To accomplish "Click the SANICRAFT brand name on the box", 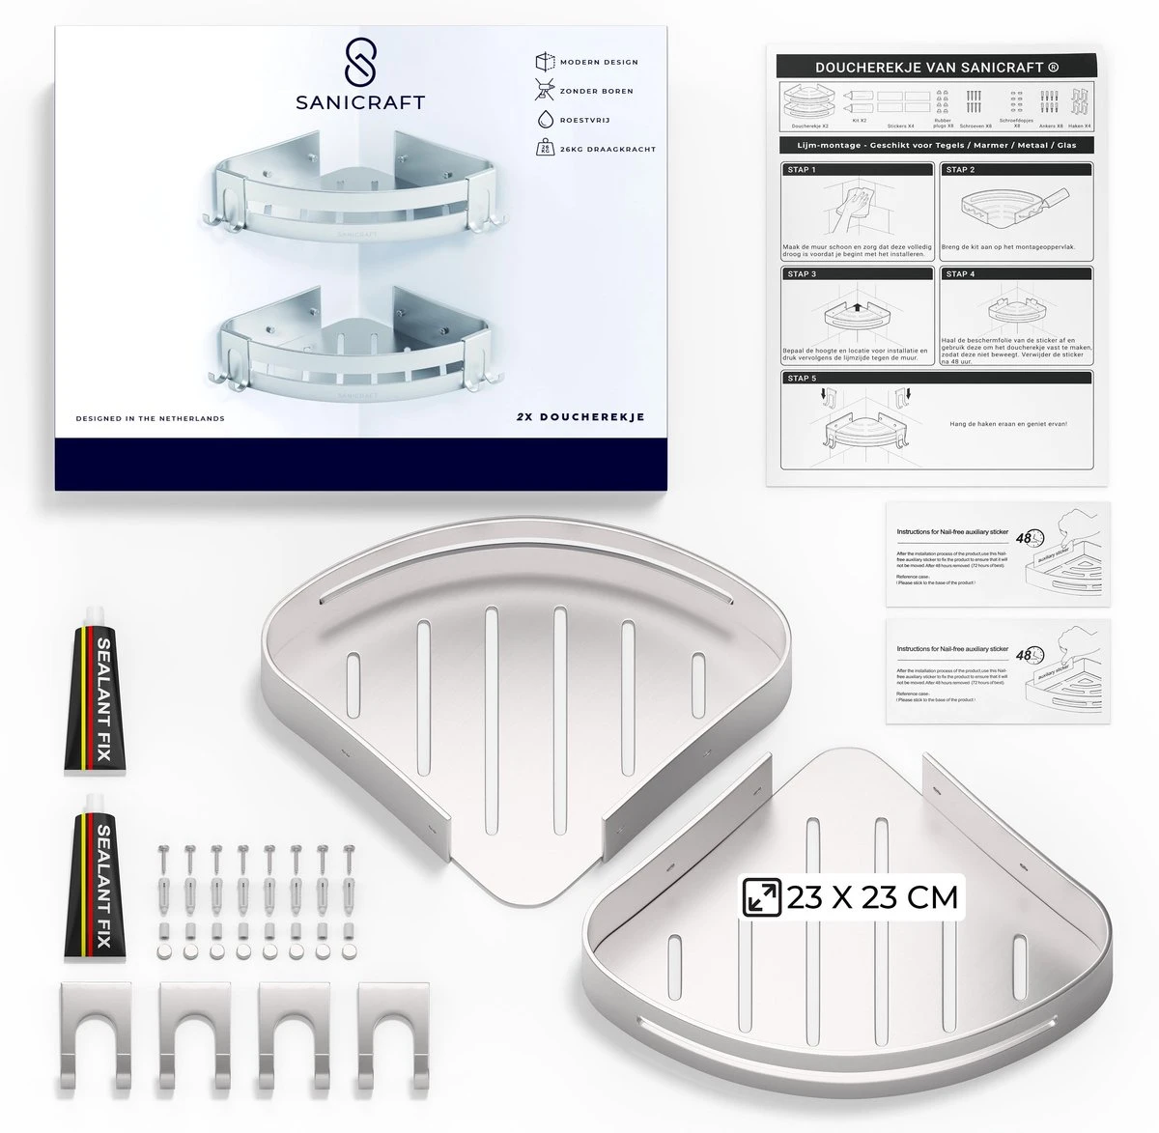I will (x=360, y=102).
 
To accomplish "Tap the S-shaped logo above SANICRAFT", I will (x=360, y=63).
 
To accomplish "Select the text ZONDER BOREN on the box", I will (x=597, y=91).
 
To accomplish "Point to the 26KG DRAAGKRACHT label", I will (x=608, y=150).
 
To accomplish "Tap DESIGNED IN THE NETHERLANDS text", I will (x=151, y=418).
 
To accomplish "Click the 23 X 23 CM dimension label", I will (x=871, y=897).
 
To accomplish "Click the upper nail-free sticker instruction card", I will (x=998, y=554).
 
